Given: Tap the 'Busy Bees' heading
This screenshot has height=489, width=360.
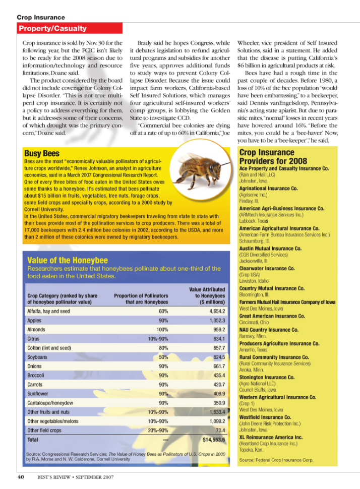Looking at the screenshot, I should (42, 153).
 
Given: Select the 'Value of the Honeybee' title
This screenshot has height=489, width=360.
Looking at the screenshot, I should (68, 260).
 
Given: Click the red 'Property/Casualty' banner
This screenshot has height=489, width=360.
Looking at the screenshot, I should (52, 29).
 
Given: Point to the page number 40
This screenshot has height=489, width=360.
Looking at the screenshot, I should (21, 476).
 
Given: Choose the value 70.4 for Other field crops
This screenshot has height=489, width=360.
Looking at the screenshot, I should (218, 430).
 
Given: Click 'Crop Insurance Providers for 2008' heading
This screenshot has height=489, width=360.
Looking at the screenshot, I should (273, 157).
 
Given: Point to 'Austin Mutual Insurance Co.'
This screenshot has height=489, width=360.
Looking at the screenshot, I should (270, 249).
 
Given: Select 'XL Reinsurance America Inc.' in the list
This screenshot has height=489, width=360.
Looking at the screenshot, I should (271, 437).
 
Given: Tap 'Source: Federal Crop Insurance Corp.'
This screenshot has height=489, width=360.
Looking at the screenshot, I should (276, 460).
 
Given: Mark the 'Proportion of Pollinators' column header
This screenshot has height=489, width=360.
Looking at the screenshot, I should (141, 298).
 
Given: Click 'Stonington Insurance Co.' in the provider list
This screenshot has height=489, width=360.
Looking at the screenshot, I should (267, 377).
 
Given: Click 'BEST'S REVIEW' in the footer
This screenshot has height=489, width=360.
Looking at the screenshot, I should (55, 476).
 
